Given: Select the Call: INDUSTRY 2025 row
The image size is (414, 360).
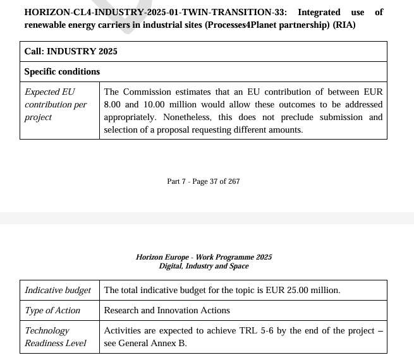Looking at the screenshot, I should click(71, 51).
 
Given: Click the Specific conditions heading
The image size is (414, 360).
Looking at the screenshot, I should click(62, 71).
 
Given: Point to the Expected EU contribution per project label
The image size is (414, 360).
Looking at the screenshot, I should click(56, 104).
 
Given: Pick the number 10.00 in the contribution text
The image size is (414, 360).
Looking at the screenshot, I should click(158, 104).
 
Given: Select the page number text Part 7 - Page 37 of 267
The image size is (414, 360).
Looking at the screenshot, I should click(203, 181).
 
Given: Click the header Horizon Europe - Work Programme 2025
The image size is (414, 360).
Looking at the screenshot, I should click(204, 257).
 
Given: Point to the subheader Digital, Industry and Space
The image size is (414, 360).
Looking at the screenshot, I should click(204, 266).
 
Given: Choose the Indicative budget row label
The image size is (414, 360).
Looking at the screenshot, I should click(58, 290).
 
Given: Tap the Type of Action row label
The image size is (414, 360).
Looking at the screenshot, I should click(52, 310).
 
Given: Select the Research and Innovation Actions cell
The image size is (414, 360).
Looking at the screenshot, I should click(167, 310).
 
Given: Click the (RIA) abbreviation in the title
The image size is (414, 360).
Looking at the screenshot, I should click(344, 25).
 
